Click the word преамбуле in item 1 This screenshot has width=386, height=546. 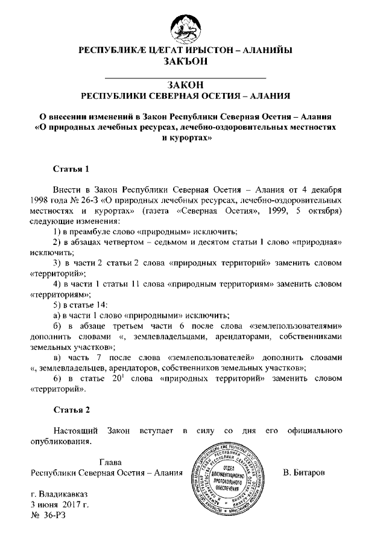click(95, 232)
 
